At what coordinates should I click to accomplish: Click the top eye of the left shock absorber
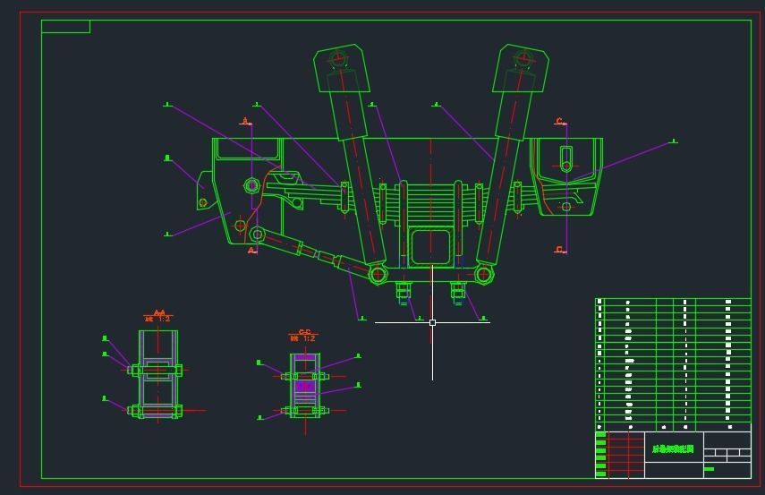point(337,60)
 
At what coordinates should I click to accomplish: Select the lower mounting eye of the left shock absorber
point(378,274)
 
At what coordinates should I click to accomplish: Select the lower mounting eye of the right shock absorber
point(484,274)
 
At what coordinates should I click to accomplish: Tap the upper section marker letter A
point(245,122)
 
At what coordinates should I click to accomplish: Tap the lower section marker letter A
point(251,252)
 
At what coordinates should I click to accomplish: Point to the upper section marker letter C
point(560,122)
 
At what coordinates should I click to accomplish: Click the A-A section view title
point(158,315)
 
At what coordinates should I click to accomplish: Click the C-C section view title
point(304,335)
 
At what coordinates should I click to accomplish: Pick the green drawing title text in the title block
point(673,448)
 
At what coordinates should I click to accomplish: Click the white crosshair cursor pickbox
point(432,322)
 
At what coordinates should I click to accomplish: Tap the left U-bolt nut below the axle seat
point(404,290)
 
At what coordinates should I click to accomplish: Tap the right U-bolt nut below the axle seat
point(458,290)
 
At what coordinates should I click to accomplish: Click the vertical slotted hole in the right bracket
point(565,159)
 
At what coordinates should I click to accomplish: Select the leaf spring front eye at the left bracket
point(251,186)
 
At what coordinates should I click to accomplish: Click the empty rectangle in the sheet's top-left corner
point(65,26)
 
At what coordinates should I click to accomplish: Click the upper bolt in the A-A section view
point(157,370)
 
